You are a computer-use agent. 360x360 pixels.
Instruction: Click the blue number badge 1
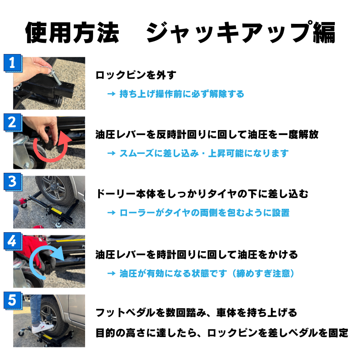click(x=13, y=63)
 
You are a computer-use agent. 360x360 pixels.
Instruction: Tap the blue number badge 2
click(x=13, y=122)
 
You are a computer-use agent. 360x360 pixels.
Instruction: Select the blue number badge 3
click(x=13, y=182)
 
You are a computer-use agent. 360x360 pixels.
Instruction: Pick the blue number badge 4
click(x=13, y=241)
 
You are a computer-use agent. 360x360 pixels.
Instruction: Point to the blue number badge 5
click(x=13, y=300)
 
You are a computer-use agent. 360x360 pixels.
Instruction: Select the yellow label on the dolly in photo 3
click(x=57, y=211)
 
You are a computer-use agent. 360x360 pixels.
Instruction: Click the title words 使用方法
click(x=72, y=32)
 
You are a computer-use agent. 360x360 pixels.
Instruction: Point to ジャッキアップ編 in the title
click(x=241, y=32)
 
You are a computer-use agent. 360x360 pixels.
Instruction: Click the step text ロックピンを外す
click(x=136, y=75)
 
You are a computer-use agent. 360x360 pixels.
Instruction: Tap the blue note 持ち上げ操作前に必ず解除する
click(x=182, y=94)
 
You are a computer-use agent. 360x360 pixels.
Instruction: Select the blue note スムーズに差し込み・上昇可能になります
click(x=204, y=153)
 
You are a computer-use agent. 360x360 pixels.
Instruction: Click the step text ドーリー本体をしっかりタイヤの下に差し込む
click(x=202, y=194)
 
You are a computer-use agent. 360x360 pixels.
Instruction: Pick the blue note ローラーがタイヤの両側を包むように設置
click(x=204, y=213)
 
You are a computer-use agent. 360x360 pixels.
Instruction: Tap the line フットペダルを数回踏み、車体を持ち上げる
click(x=196, y=313)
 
